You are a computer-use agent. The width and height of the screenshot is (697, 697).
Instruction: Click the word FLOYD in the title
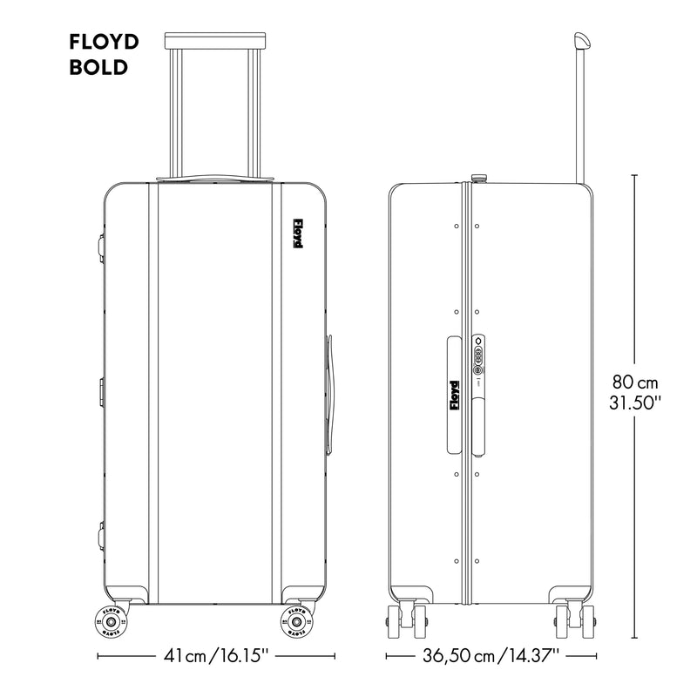coord(104,42)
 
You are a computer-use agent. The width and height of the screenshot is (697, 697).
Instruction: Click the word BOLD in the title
coord(98,68)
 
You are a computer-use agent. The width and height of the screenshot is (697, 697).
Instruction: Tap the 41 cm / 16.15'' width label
coord(216,655)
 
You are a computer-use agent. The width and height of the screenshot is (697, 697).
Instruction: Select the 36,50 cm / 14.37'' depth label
coord(491,655)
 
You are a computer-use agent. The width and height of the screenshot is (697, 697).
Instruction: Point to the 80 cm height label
coord(635,382)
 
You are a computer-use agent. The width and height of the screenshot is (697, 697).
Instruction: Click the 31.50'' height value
coord(635,403)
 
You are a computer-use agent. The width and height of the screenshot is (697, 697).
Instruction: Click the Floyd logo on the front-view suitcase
coord(297,233)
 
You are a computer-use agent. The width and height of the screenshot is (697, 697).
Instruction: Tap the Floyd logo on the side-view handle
coord(454,396)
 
